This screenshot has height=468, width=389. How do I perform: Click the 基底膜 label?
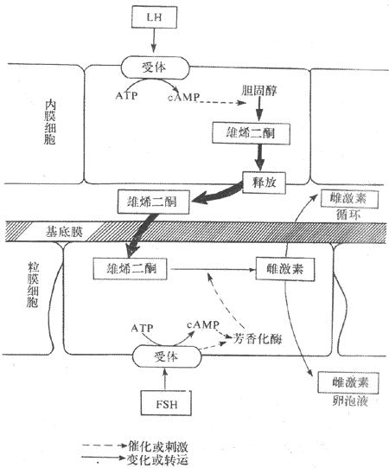pos(39,231)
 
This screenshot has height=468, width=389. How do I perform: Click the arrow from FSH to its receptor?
pos(163,378)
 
